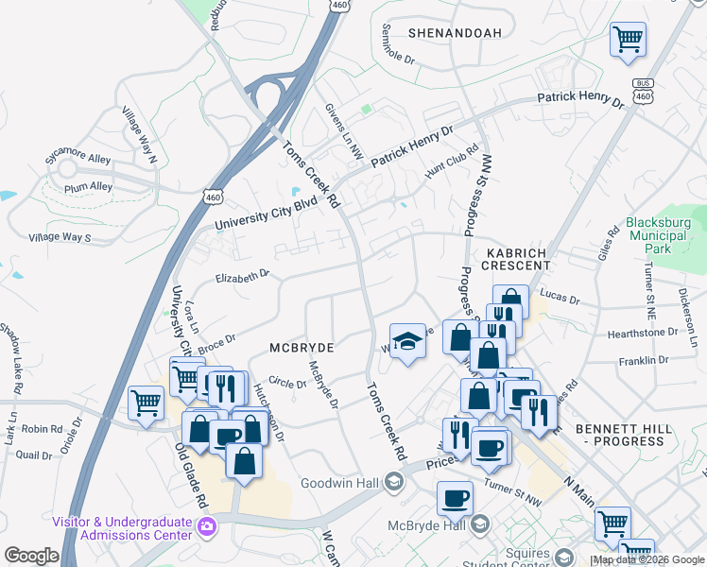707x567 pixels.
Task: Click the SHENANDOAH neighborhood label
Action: (x=455, y=33)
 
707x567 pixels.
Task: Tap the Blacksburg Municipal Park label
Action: (x=659, y=236)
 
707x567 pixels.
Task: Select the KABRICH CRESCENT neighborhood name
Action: (x=518, y=260)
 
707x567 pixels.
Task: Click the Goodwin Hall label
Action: (x=339, y=483)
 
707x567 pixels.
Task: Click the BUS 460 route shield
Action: (x=644, y=90)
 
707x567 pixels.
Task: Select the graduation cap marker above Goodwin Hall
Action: (x=408, y=341)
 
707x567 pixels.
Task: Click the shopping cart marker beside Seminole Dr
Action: (x=628, y=40)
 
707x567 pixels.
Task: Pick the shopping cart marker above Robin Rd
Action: (x=146, y=404)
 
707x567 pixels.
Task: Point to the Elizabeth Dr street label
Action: (x=243, y=276)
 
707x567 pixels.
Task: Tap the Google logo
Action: (x=31, y=556)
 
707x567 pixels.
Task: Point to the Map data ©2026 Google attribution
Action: (x=647, y=559)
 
